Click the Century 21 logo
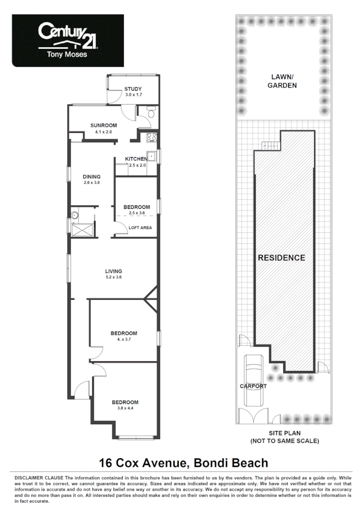point(68,40)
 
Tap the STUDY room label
point(133,89)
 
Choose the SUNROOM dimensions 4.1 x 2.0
point(103,132)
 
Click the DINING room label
point(91,177)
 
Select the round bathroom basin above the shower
point(74,215)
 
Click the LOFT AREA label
point(140,228)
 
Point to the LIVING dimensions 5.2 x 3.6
point(113,277)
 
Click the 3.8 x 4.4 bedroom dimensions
point(125,408)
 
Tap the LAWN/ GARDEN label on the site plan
point(282,81)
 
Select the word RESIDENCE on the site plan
point(281,258)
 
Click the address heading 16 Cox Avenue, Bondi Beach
point(184,463)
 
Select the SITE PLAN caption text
point(284,433)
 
